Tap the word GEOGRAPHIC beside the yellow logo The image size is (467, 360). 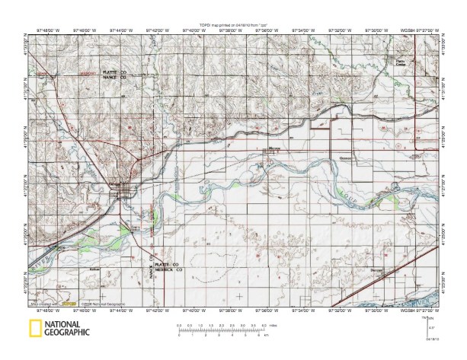point(67,333)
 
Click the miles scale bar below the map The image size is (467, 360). point(222,329)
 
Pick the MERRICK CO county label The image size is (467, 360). point(167,269)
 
